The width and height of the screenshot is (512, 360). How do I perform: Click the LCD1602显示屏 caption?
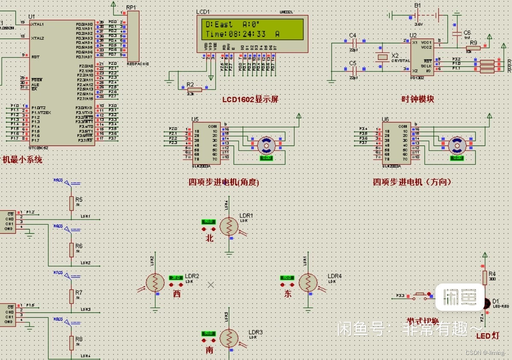tap(250, 99)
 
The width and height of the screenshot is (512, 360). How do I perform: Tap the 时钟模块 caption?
tap(418, 99)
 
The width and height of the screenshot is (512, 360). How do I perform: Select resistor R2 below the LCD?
tap(191, 89)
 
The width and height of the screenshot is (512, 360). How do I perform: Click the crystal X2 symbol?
tap(382, 57)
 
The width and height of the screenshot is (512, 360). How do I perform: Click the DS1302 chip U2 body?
tap(422, 57)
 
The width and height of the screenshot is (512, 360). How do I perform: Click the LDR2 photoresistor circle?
tap(155, 282)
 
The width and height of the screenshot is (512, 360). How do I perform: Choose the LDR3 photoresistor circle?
tap(229, 338)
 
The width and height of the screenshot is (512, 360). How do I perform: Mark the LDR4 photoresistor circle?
tap(308, 282)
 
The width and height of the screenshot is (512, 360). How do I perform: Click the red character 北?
tap(210, 238)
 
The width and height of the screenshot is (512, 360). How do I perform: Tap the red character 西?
tap(177, 294)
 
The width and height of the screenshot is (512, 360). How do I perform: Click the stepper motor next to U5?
tap(266, 145)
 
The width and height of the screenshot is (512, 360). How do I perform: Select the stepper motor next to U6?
tap(457, 145)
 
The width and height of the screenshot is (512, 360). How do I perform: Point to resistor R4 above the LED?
tap(485, 277)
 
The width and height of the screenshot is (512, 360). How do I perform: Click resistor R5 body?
tap(71, 204)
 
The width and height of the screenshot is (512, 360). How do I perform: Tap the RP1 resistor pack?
tap(133, 36)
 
